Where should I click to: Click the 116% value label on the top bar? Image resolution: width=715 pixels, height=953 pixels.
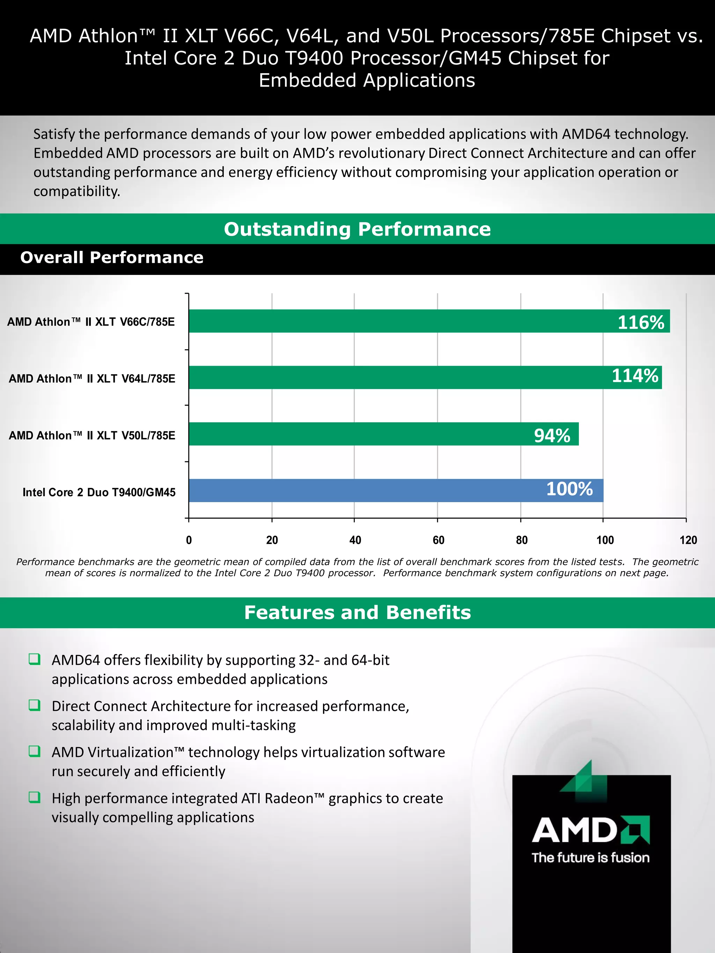[x=641, y=322]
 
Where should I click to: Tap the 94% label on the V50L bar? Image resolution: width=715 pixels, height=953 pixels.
[x=552, y=435]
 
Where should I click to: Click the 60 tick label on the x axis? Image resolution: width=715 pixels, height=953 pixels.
[x=438, y=540]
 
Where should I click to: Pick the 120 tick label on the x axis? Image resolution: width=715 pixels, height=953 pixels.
[x=688, y=540]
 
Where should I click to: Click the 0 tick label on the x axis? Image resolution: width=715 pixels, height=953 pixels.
[x=189, y=540]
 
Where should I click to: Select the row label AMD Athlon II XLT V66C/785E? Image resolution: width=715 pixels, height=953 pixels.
[x=91, y=322]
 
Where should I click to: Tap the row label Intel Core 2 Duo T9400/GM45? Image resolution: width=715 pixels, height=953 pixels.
[x=99, y=492]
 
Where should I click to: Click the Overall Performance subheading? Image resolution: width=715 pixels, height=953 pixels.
[x=112, y=258]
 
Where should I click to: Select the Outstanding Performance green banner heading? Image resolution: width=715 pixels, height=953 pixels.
[x=357, y=229]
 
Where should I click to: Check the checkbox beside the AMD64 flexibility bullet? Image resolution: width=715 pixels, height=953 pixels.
[x=35, y=659]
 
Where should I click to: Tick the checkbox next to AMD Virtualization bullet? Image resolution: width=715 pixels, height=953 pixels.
[x=35, y=751]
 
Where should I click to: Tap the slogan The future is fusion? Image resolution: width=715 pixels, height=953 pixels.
[x=590, y=857]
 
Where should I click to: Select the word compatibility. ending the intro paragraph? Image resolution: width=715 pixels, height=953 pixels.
[x=77, y=191]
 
